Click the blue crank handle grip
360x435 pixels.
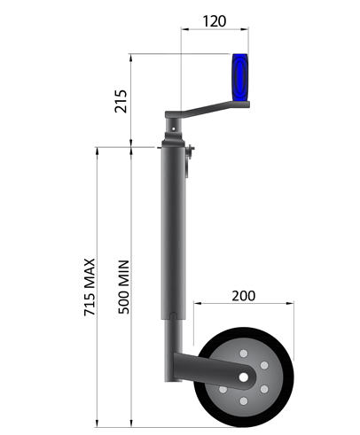tap(239, 78)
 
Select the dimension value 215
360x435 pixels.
tap(121, 100)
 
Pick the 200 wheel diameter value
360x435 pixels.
tap(245, 295)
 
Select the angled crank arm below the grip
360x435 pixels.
tap(200, 112)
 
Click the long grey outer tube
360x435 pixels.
tap(174, 230)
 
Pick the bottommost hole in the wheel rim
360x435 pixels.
tap(244, 402)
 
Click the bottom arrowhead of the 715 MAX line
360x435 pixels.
tap(97, 423)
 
